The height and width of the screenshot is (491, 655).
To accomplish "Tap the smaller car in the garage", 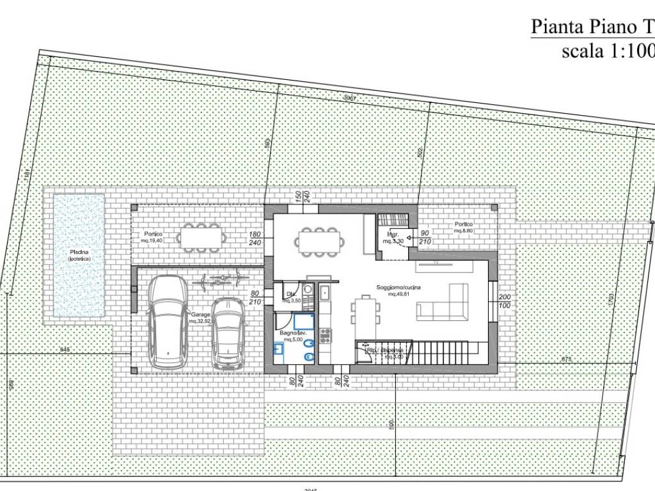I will [229, 332].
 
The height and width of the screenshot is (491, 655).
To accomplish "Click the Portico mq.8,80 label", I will [464, 226].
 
